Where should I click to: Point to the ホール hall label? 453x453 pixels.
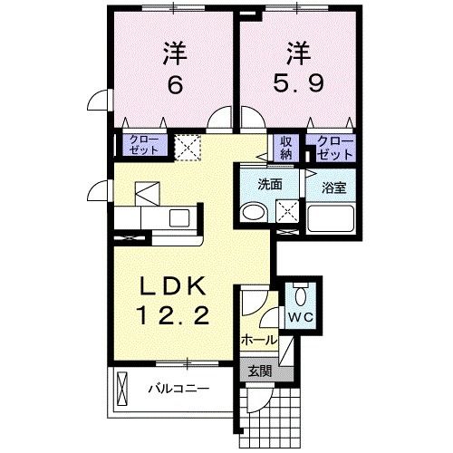(x=258, y=340)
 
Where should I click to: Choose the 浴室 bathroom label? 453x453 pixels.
(x=333, y=188)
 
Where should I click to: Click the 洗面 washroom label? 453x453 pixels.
(x=270, y=183)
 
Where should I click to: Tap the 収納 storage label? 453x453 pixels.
(x=286, y=146)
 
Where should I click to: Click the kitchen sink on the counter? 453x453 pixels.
(x=178, y=217)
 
